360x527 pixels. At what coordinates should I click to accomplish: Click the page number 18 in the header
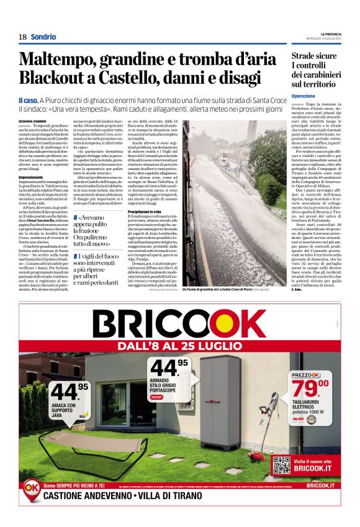22,37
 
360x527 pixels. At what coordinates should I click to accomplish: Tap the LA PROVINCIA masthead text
327,33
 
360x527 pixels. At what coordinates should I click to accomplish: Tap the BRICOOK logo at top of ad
180,325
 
